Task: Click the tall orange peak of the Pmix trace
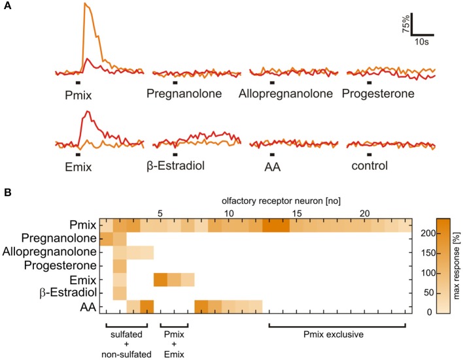pyautogui.click(x=85, y=5)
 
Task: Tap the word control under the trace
pyautogui.click(x=368, y=166)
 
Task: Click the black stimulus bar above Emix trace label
pyautogui.click(x=77, y=155)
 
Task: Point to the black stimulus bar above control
pyautogui.click(x=369, y=155)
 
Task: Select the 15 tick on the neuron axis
pyautogui.click(x=297, y=214)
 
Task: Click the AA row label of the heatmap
pyautogui.click(x=88, y=306)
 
